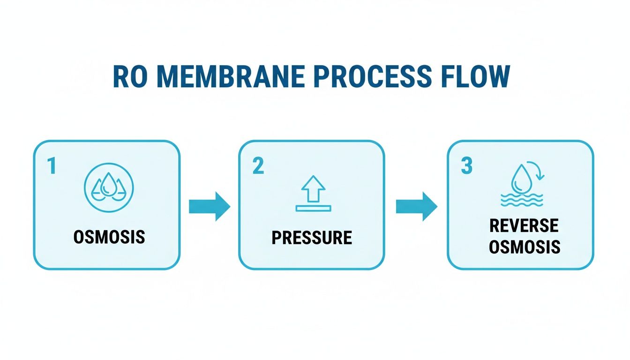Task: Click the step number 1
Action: (x=52, y=167)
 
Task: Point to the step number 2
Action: (x=258, y=167)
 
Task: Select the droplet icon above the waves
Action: (x=521, y=178)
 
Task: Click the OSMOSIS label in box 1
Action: (x=109, y=237)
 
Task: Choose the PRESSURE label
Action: (x=312, y=238)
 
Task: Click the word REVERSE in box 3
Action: (x=524, y=226)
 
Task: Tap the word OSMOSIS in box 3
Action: (x=524, y=247)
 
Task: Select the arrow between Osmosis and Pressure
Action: (x=210, y=206)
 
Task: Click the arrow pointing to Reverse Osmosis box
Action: (x=417, y=206)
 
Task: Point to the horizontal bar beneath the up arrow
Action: (x=313, y=208)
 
